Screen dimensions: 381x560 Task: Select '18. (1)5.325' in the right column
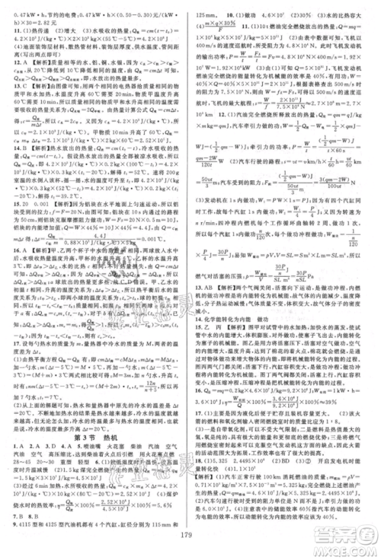(x=221, y=462)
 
